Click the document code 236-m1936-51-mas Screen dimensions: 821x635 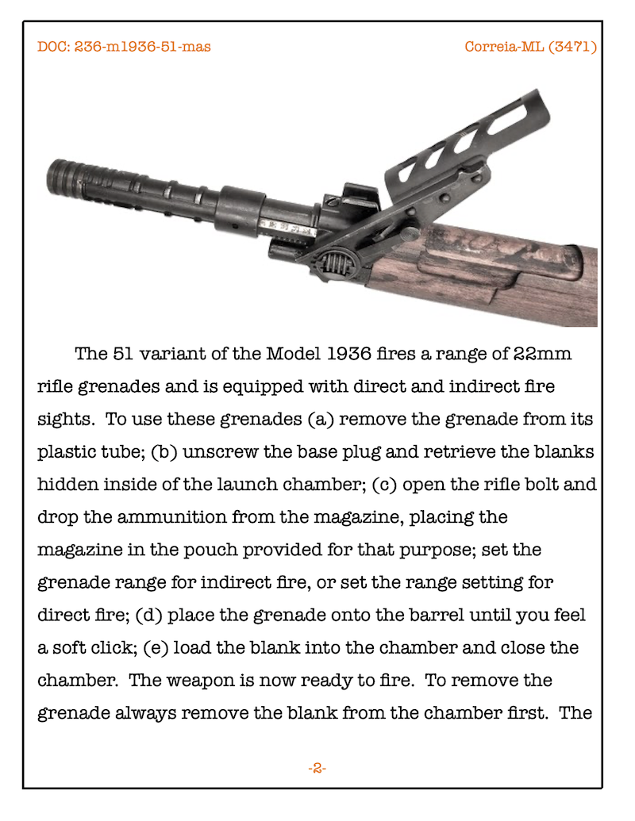click(x=142, y=47)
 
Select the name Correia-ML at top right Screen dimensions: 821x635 click(x=504, y=47)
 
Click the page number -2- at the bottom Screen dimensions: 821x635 click(x=317, y=768)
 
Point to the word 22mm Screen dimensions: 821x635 click(x=543, y=354)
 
